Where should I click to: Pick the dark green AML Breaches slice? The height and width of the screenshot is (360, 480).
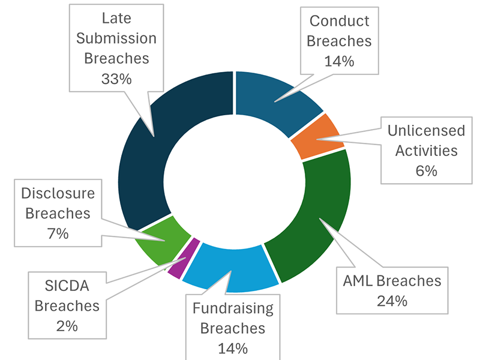coord(312,222)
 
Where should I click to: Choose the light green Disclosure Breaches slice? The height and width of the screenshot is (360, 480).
coord(157,236)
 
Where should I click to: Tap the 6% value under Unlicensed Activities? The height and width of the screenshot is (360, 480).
coord(426,170)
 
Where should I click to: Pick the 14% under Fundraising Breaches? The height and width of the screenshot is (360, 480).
coord(232,347)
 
